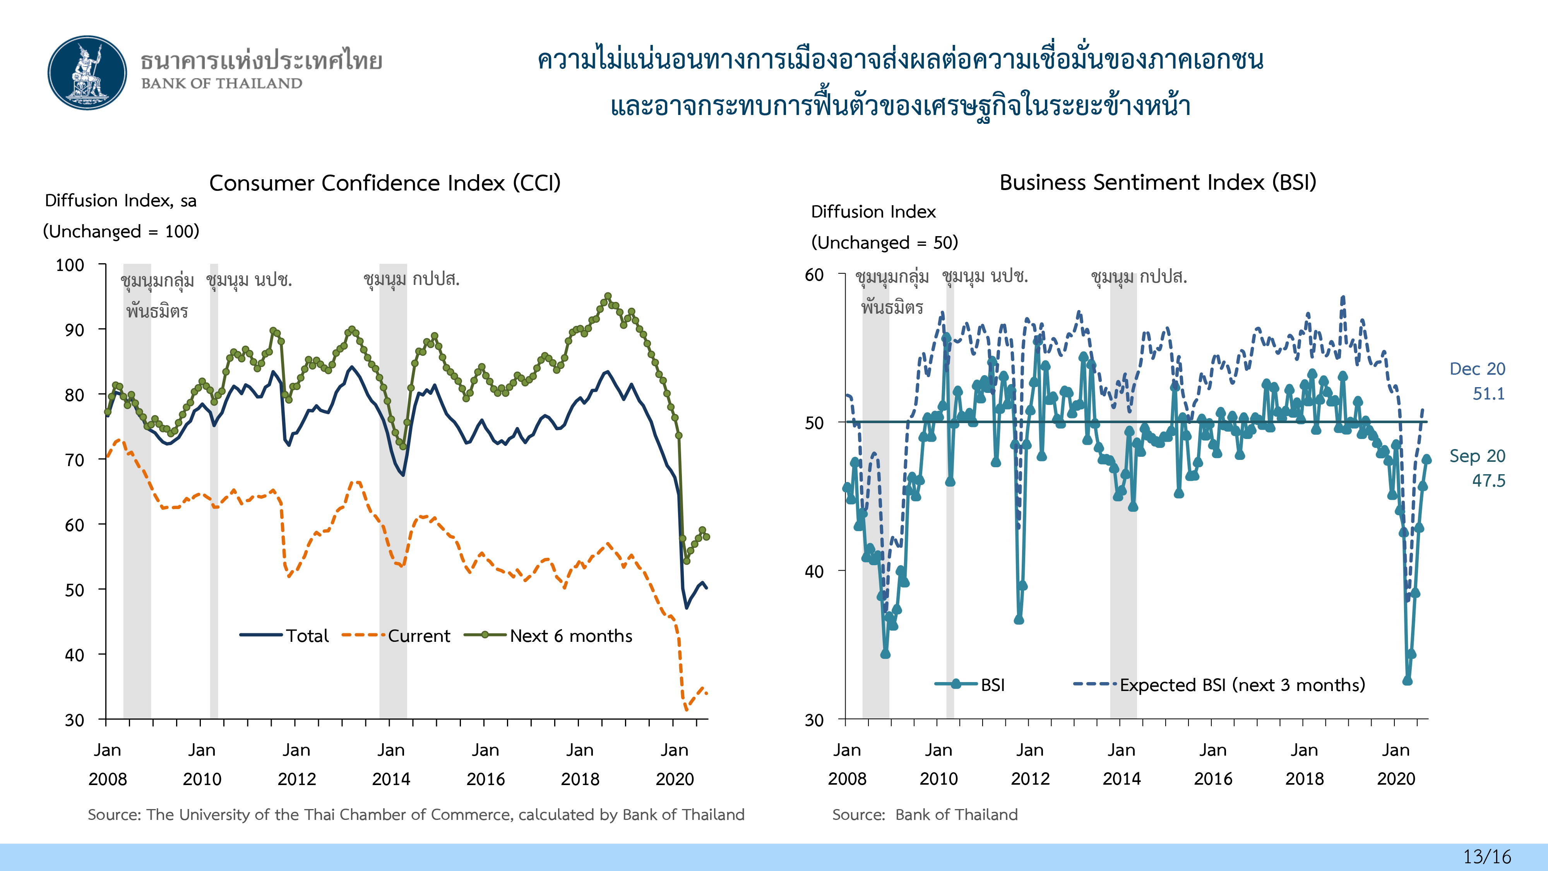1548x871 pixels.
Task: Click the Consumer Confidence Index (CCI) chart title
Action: point(385,183)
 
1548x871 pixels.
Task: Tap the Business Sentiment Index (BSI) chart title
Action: point(1158,182)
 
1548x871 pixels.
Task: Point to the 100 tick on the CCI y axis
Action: point(70,265)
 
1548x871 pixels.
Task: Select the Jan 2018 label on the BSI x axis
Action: point(1304,764)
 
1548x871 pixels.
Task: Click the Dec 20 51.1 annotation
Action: point(1477,381)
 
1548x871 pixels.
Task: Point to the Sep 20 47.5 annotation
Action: point(1477,468)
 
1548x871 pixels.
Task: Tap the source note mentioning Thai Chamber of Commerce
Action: point(416,814)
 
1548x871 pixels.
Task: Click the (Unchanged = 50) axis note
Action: point(884,242)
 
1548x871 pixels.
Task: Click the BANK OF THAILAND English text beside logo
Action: point(222,84)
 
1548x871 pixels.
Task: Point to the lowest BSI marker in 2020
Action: point(1408,681)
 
